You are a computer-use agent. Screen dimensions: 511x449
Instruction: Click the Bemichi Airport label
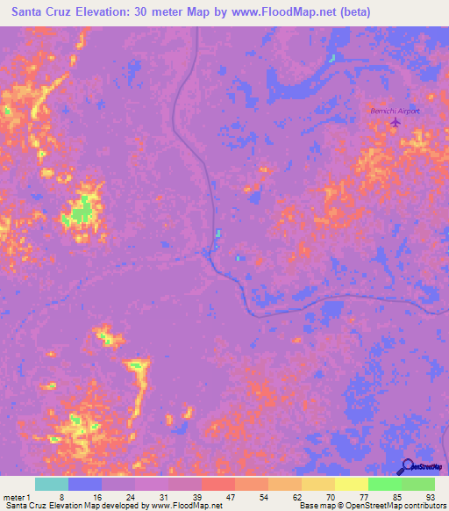[396, 112]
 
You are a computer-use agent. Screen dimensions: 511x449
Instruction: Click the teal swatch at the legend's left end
[52, 484]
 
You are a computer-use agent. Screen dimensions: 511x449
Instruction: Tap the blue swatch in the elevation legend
[85, 484]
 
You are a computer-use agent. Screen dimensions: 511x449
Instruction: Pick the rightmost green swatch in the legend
[417, 484]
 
